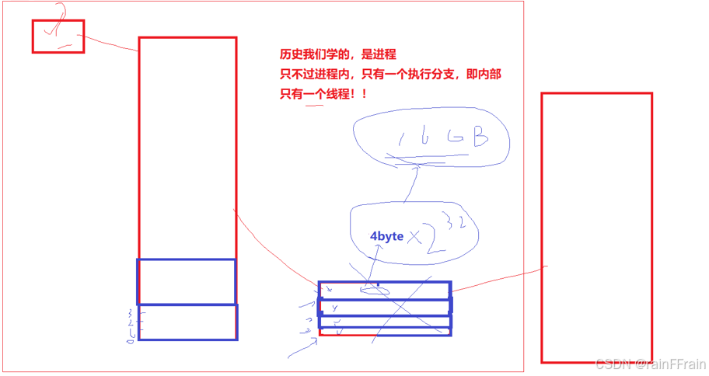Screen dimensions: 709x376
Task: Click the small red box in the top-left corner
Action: pos(58,37)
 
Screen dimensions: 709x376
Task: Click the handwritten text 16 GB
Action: pos(442,139)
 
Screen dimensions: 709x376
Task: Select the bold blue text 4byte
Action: pos(386,236)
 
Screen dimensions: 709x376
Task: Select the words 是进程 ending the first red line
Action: pos(379,54)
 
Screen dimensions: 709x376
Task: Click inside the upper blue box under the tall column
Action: pos(186,280)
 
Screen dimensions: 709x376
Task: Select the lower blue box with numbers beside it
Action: pos(187,322)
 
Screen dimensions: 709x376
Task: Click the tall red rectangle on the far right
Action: pos(596,227)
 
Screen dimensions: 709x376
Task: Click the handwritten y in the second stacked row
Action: pos(334,308)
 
